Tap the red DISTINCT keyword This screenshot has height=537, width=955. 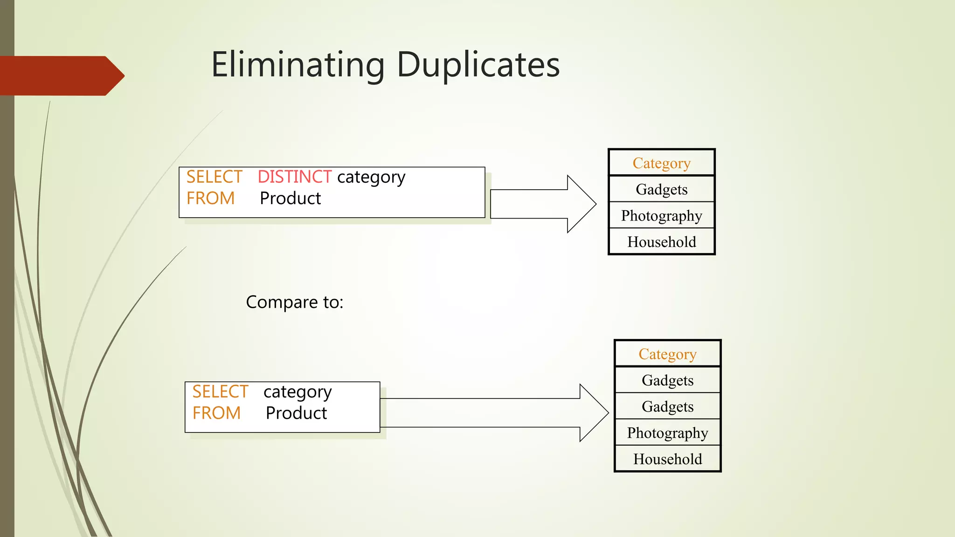tap(294, 177)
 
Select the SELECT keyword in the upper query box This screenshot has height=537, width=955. tap(214, 177)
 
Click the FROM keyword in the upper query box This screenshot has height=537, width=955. tap(210, 199)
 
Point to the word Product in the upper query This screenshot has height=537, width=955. tap(290, 199)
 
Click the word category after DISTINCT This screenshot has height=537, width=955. tap(371, 177)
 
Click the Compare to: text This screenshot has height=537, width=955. tap(294, 302)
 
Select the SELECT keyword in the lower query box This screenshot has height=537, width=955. tap(220, 392)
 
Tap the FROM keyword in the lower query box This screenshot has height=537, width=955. tap(216, 413)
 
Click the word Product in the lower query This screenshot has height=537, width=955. tap(296, 413)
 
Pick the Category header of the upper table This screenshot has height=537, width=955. tap(661, 163)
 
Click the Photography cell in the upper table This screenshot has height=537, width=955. tap(661, 215)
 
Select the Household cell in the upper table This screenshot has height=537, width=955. tap(661, 242)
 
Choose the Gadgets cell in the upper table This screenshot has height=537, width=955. tap(661, 189)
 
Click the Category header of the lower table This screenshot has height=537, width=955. tap(667, 354)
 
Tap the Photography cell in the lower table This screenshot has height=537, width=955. tap(667, 433)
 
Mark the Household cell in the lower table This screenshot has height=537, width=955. tap(667, 459)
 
